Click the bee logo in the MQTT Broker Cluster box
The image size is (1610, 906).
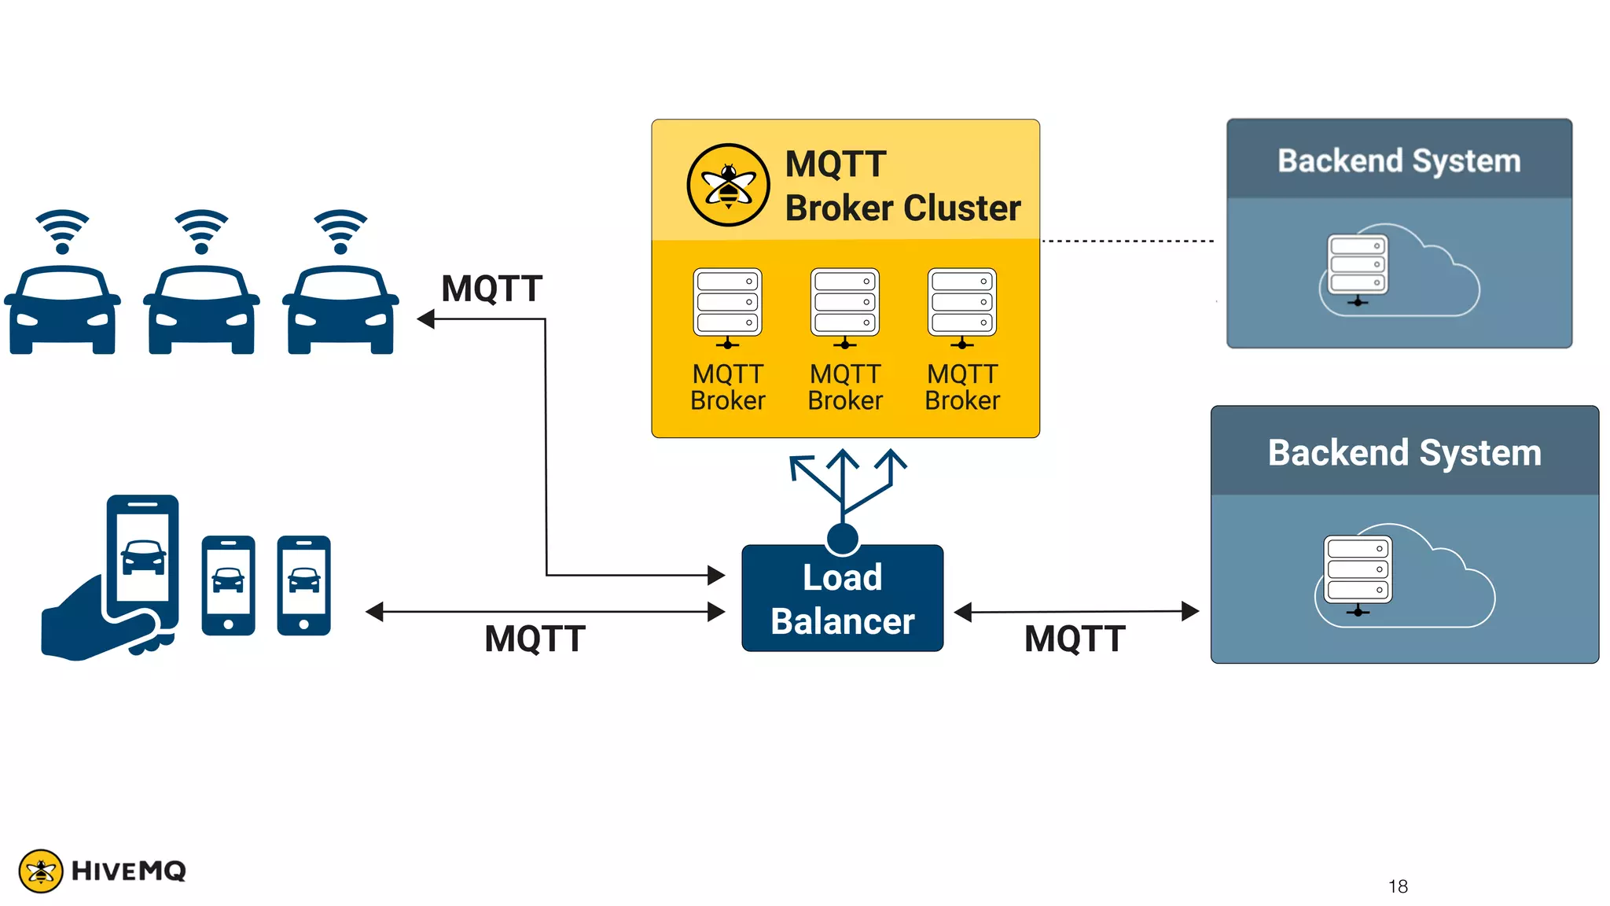pos(728,186)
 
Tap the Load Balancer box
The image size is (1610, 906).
pos(842,598)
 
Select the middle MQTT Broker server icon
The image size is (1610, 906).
pos(845,307)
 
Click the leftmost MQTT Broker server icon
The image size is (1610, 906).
pos(727,307)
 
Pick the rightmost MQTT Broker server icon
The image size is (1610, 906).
pos(962,307)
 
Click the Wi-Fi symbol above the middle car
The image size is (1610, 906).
pos(201,230)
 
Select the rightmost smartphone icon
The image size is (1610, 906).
pos(303,585)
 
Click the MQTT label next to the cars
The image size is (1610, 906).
pos(491,289)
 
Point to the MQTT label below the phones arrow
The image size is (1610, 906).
pos(535,639)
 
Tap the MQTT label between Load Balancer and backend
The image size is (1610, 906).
pos(1075,639)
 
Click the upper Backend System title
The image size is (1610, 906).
pos(1399,160)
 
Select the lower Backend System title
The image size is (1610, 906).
pos(1404,453)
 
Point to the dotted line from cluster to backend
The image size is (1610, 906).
pos(1128,241)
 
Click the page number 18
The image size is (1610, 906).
pos(1398,886)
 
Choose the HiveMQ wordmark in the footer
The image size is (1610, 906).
pos(129,871)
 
